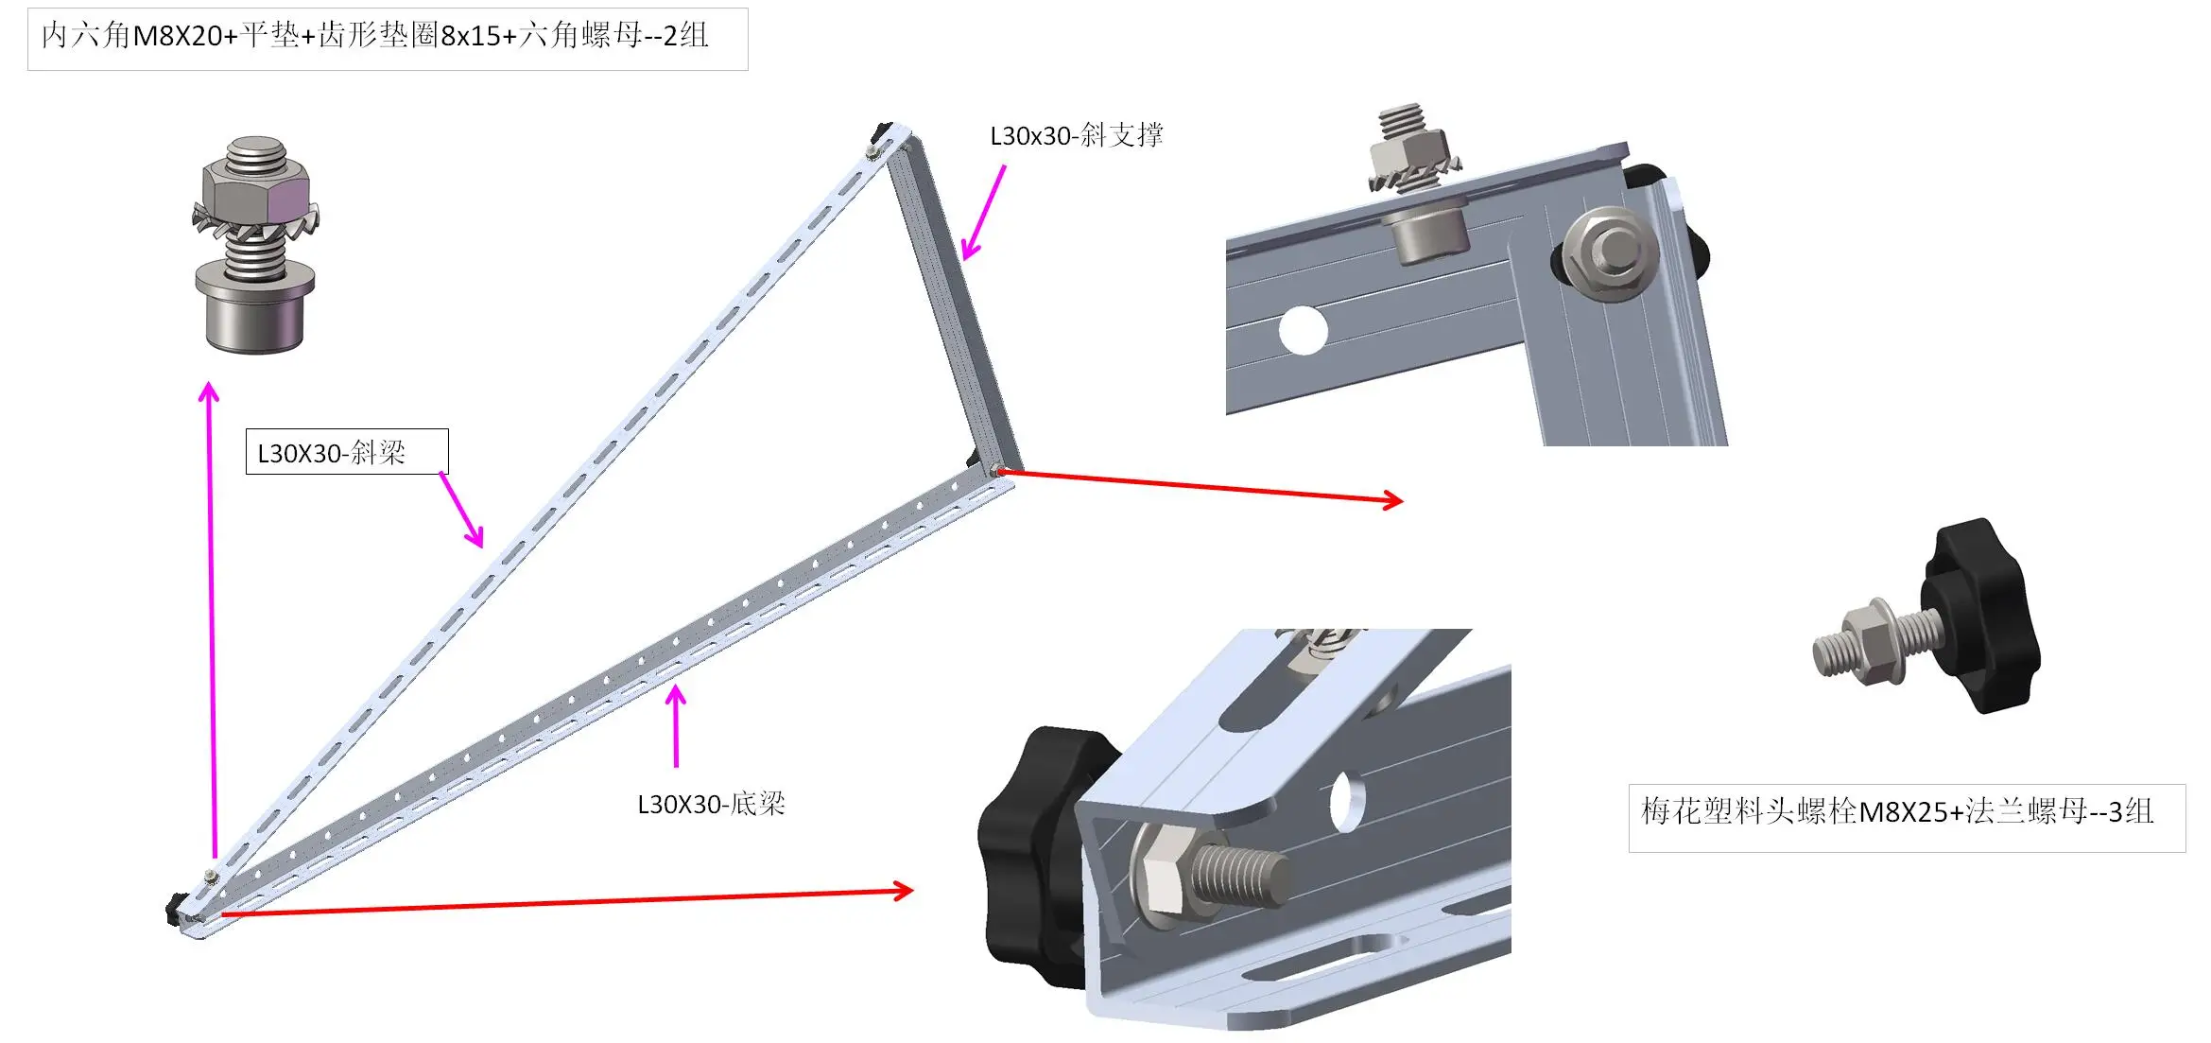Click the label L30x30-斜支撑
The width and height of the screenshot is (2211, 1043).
(x=1076, y=135)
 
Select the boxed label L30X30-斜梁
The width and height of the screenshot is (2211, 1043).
(x=346, y=452)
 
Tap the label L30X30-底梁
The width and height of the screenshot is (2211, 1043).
(x=711, y=804)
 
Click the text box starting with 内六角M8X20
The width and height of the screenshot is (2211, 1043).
(x=388, y=38)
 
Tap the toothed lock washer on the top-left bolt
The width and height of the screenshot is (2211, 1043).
(x=255, y=223)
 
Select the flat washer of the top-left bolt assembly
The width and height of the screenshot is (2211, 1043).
(x=254, y=277)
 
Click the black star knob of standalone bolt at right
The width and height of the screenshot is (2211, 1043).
(x=1980, y=615)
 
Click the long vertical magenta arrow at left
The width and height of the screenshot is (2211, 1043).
(x=212, y=615)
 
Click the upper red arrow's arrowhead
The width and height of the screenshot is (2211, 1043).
(x=1393, y=499)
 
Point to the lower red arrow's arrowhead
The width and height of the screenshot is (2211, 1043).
(x=903, y=890)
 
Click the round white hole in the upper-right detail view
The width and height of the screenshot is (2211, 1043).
(x=1303, y=330)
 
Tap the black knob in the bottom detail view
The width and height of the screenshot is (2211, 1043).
(x=1030, y=851)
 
